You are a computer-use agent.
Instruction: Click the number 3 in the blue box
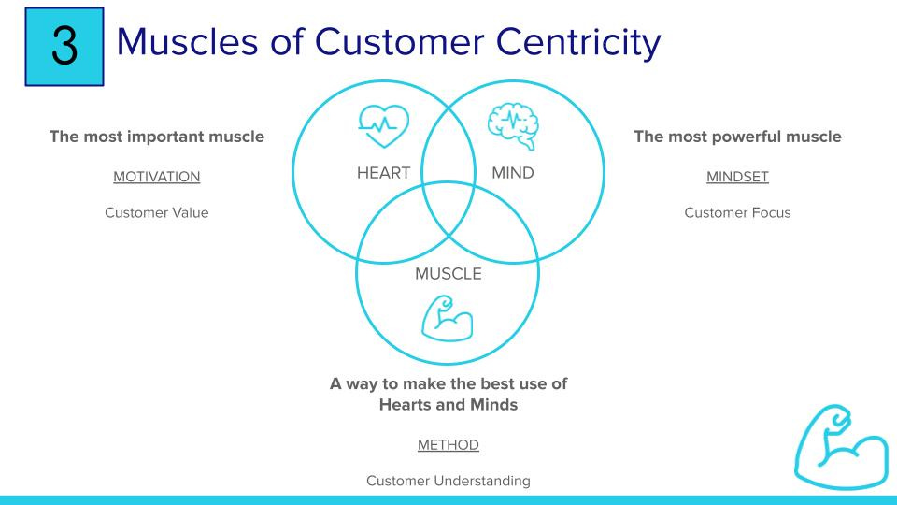(64, 47)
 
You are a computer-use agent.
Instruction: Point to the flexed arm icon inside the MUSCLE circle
(448, 318)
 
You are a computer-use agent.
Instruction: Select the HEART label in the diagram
(383, 173)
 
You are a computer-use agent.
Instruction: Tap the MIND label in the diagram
(513, 173)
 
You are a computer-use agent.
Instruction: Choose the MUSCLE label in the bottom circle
(448, 274)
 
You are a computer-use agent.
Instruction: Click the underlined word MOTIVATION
(156, 176)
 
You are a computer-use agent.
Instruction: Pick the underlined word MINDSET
(737, 176)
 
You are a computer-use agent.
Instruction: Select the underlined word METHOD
(448, 445)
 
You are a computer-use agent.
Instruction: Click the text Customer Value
(156, 212)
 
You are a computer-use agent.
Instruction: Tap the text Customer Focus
(737, 212)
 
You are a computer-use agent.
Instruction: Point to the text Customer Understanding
(448, 481)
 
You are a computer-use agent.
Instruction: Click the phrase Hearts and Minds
(448, 405)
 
